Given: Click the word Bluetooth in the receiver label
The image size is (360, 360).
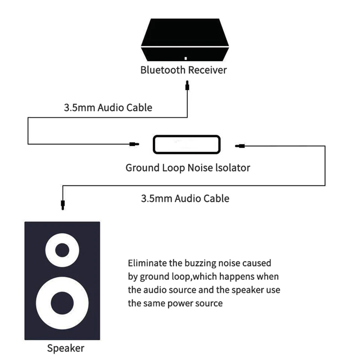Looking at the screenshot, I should tap(163, 70).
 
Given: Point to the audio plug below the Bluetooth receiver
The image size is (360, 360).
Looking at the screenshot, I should tap(187, 84).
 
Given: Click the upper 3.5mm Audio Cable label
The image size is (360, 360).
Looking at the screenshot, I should tap(108, 108).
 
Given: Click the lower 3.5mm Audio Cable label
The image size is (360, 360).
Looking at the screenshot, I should tap(185, 198).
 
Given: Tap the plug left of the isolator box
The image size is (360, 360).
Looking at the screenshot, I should tap(133, 144).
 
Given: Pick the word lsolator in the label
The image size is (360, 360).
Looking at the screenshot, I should tap(231, 168).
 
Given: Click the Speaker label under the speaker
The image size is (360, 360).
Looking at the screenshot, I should tap(66, 348).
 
